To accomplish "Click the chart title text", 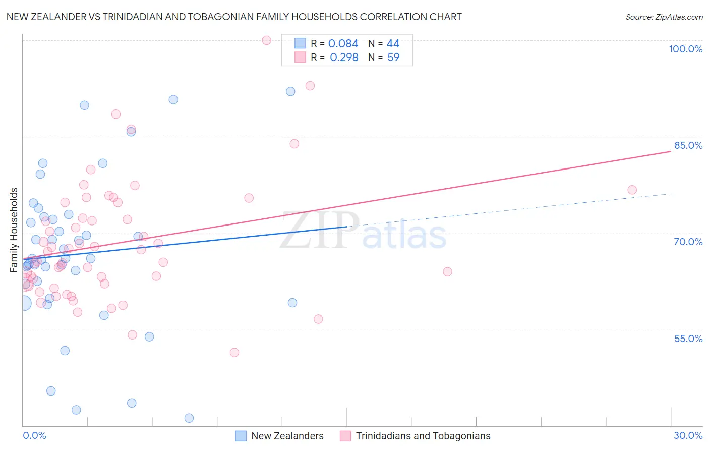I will (234, 17).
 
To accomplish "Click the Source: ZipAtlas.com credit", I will (664, 17).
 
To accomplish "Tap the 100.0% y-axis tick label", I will (685, 49).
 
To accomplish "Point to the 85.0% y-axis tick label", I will (688, 145).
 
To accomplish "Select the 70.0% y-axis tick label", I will (688, 242).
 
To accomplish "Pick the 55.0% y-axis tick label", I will (688, 339).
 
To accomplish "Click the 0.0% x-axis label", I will (34, 435).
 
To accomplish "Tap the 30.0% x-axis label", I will (688, 435).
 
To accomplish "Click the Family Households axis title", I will (14, 230).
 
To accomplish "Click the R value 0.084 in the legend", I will (343, 44).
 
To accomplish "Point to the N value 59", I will (393, 58).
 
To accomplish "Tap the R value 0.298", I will (344, 58).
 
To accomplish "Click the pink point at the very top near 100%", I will (267, 40).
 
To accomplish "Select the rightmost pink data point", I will (632, 190).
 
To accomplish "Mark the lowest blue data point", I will (189, 418).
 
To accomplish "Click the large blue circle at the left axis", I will (23, 303).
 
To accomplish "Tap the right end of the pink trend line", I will (671, 151).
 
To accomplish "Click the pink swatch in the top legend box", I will (300, 57).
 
